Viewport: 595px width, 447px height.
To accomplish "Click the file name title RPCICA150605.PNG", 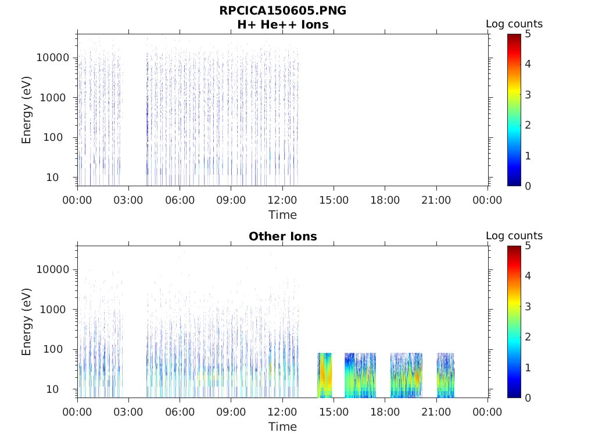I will [282, 11].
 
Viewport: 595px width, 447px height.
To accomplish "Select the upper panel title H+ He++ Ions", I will [282, 25].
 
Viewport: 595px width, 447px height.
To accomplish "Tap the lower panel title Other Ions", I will [282, 237].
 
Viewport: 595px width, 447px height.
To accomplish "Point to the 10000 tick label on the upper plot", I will [53, 58].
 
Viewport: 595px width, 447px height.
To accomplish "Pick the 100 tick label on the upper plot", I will [59, 138].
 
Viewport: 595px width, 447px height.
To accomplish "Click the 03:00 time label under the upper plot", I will [128, 201].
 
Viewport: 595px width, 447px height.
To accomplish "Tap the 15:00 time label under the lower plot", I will [334, 413].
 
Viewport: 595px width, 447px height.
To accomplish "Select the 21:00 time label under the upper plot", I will [436, 201].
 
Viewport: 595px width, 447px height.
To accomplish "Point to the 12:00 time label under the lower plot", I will [282, 413].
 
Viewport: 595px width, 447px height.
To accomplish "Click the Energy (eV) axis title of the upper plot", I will [27, 110].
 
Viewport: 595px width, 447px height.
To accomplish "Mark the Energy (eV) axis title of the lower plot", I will [27, 322].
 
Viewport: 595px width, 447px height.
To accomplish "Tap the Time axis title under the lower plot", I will [282, 427].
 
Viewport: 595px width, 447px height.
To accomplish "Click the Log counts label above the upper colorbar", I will [514, 24].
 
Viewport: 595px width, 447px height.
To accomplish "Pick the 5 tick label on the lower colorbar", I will [528, 246].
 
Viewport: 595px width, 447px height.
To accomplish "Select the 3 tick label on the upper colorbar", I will [528, 95].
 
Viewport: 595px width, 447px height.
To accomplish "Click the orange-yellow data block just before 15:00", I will [325, 375].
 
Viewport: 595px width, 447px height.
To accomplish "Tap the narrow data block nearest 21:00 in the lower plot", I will [445, 375].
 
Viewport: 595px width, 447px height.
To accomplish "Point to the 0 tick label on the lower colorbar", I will [528, 398].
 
